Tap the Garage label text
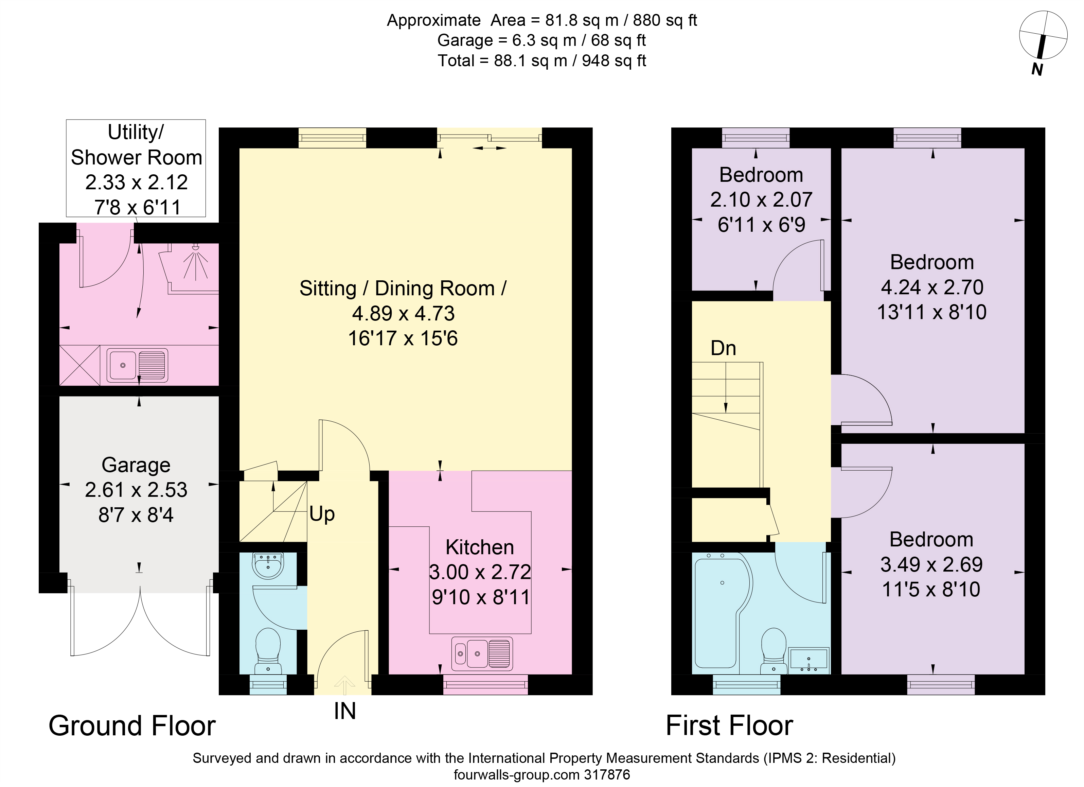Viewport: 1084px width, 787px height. (x=136, y=465)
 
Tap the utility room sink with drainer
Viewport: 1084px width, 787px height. (x=137, y=365)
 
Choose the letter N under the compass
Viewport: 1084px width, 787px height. (x=1037, y=70)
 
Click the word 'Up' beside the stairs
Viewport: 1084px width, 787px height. (x=322, y=514)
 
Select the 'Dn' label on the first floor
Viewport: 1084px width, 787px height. (x=723, y=348)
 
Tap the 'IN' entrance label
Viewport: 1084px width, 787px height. (x=344, y=711)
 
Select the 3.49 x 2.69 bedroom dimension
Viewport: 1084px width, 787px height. (x=931, y=565)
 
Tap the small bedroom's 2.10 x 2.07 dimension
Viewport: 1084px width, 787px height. (x=761, y=200)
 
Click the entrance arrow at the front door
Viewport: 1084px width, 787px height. (x=344, y=685)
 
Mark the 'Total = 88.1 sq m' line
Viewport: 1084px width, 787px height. (x=542, y=61)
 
